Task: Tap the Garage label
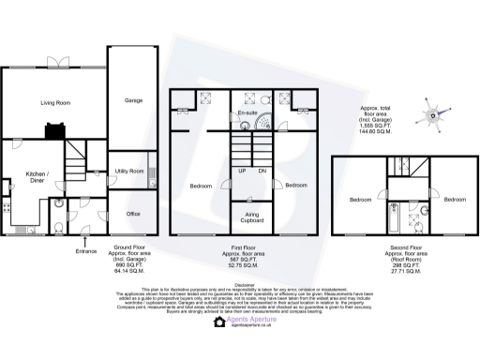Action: click(x=133, y=100)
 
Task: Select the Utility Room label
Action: click(x=129, y=172)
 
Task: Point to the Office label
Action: click(x=133, y=214)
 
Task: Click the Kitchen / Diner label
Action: click(x=37, y=178)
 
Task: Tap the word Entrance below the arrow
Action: click(x=84, y=253)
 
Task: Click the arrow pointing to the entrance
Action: click(x=84, y=243)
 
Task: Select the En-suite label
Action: click(x=247, y=113)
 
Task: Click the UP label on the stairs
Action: click(x=241, y=171)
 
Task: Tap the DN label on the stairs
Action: click(x=262, y=171)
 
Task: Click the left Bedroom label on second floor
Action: click(x=363, y=201)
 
